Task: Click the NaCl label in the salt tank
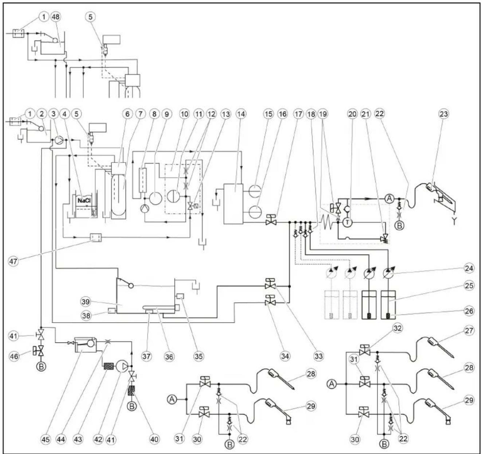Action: (84, 201)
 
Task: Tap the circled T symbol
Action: (348, 222)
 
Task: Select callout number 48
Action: (56, 17)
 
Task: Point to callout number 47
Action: (13, 262)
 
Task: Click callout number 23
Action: (444, 113)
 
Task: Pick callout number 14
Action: (241, 113)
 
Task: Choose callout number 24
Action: (469, 268)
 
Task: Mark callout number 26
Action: (469, 311)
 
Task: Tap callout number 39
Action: (86, 302)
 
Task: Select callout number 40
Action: (154, 439)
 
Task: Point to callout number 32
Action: (397, 328)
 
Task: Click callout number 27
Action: (469, 331)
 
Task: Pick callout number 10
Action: (184, 113)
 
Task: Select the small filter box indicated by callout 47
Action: (96, 237)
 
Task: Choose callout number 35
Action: (199, 356)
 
